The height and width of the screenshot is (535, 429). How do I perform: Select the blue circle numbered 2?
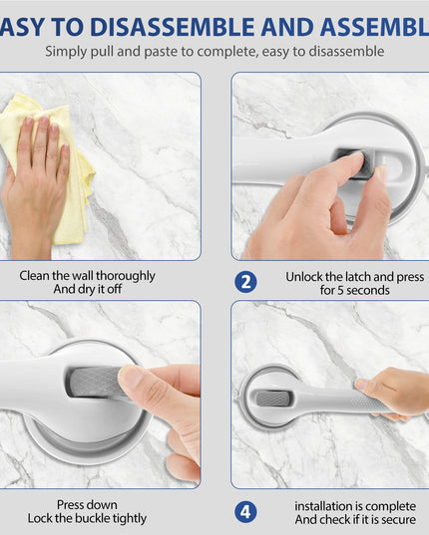(x=246, y=282)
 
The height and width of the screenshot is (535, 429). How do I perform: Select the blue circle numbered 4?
(x=246, y=512)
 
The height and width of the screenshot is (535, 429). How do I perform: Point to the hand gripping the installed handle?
(x=394, y=391)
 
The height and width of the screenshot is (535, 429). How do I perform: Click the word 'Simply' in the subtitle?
(x=66, y=51)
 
